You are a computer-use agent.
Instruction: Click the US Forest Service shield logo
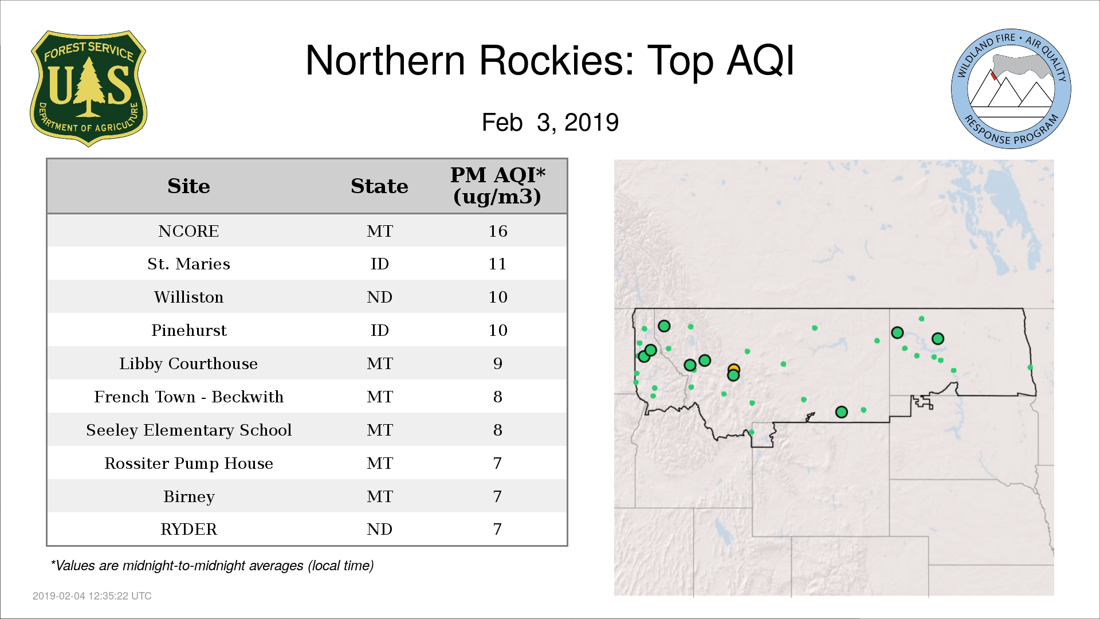[x=88, y=88]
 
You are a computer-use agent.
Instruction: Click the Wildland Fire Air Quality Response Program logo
[x=1011, y=89]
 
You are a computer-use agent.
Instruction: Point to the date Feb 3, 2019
[x=550, y=122]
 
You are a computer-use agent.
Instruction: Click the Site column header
[x=188, y=186]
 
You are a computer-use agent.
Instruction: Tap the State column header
[x=379, y=186]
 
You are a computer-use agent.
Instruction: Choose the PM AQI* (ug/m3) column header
[x=497, y=186]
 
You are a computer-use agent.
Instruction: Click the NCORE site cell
[x=188, y=231]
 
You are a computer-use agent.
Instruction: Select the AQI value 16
[x=498, y=231]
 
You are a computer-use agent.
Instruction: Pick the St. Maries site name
[x=188, y=264]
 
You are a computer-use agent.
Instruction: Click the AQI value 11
[x=498, y=264]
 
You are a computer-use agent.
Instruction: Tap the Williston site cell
[x=188, y=297]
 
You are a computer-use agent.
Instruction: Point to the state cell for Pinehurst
[x=380, y=330]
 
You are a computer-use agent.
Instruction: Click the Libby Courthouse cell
[x=188, y=363]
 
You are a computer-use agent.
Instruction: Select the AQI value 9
[x=498, y=363]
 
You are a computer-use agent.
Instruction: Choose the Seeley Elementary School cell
[x=188, y=430]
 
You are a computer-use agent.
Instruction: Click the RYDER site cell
[x=188, y=529]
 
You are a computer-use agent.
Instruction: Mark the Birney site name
[x=188, y=496]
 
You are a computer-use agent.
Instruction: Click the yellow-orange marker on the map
[x=734, y=370]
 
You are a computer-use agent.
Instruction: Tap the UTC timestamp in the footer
[x=92, y=596]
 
